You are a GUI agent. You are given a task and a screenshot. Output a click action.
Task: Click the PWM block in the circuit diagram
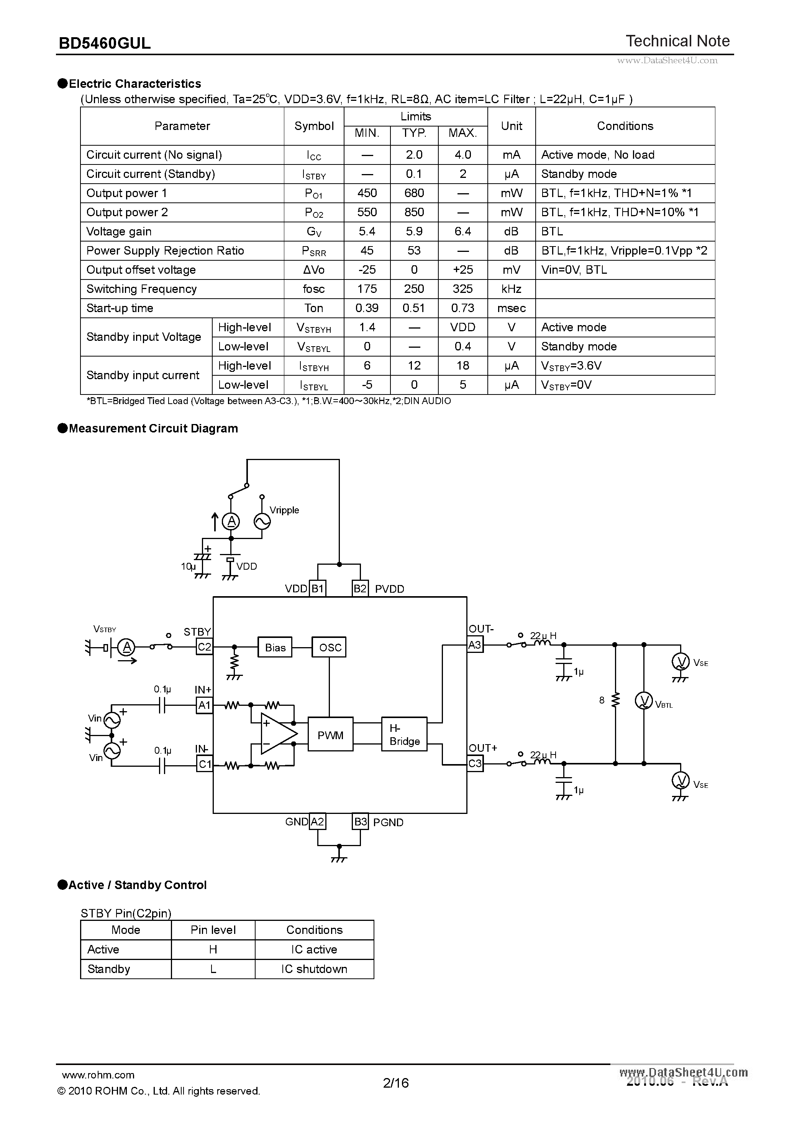tap(330, 735)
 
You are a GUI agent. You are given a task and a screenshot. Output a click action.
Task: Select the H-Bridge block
tap(404, 735)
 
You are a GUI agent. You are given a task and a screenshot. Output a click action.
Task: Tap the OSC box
tap(330, 648)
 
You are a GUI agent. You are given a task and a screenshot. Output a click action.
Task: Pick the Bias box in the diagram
tap(275, 648)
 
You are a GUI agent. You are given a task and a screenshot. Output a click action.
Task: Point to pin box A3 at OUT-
tap(475, 645)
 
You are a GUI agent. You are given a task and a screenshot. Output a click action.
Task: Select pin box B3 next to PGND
tap(360, 822)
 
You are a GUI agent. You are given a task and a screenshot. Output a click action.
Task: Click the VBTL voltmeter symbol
tap(644, 701)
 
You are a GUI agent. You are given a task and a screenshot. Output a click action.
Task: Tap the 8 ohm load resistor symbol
tap(615, 700)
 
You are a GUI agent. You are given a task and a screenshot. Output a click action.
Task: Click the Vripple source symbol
tap(262, 521)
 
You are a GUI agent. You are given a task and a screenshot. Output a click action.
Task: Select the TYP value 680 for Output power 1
tap(414, 193)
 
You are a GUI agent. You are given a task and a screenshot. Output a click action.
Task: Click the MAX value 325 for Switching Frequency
tap(462, 289)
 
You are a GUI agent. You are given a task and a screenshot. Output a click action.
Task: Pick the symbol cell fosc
tap(313, 289)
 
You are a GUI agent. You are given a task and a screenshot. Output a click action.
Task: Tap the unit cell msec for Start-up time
tap(511, 308)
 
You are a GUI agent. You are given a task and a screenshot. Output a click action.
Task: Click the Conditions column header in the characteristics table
tap(625, 126)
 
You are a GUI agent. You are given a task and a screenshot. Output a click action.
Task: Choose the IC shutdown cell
tap(314, 969)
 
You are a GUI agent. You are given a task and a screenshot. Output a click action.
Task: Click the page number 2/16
tap(396, 1083)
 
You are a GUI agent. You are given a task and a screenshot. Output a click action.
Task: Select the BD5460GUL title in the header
tap(105, 43)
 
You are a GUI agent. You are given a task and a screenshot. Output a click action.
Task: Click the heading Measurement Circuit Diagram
tap(153, 428)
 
